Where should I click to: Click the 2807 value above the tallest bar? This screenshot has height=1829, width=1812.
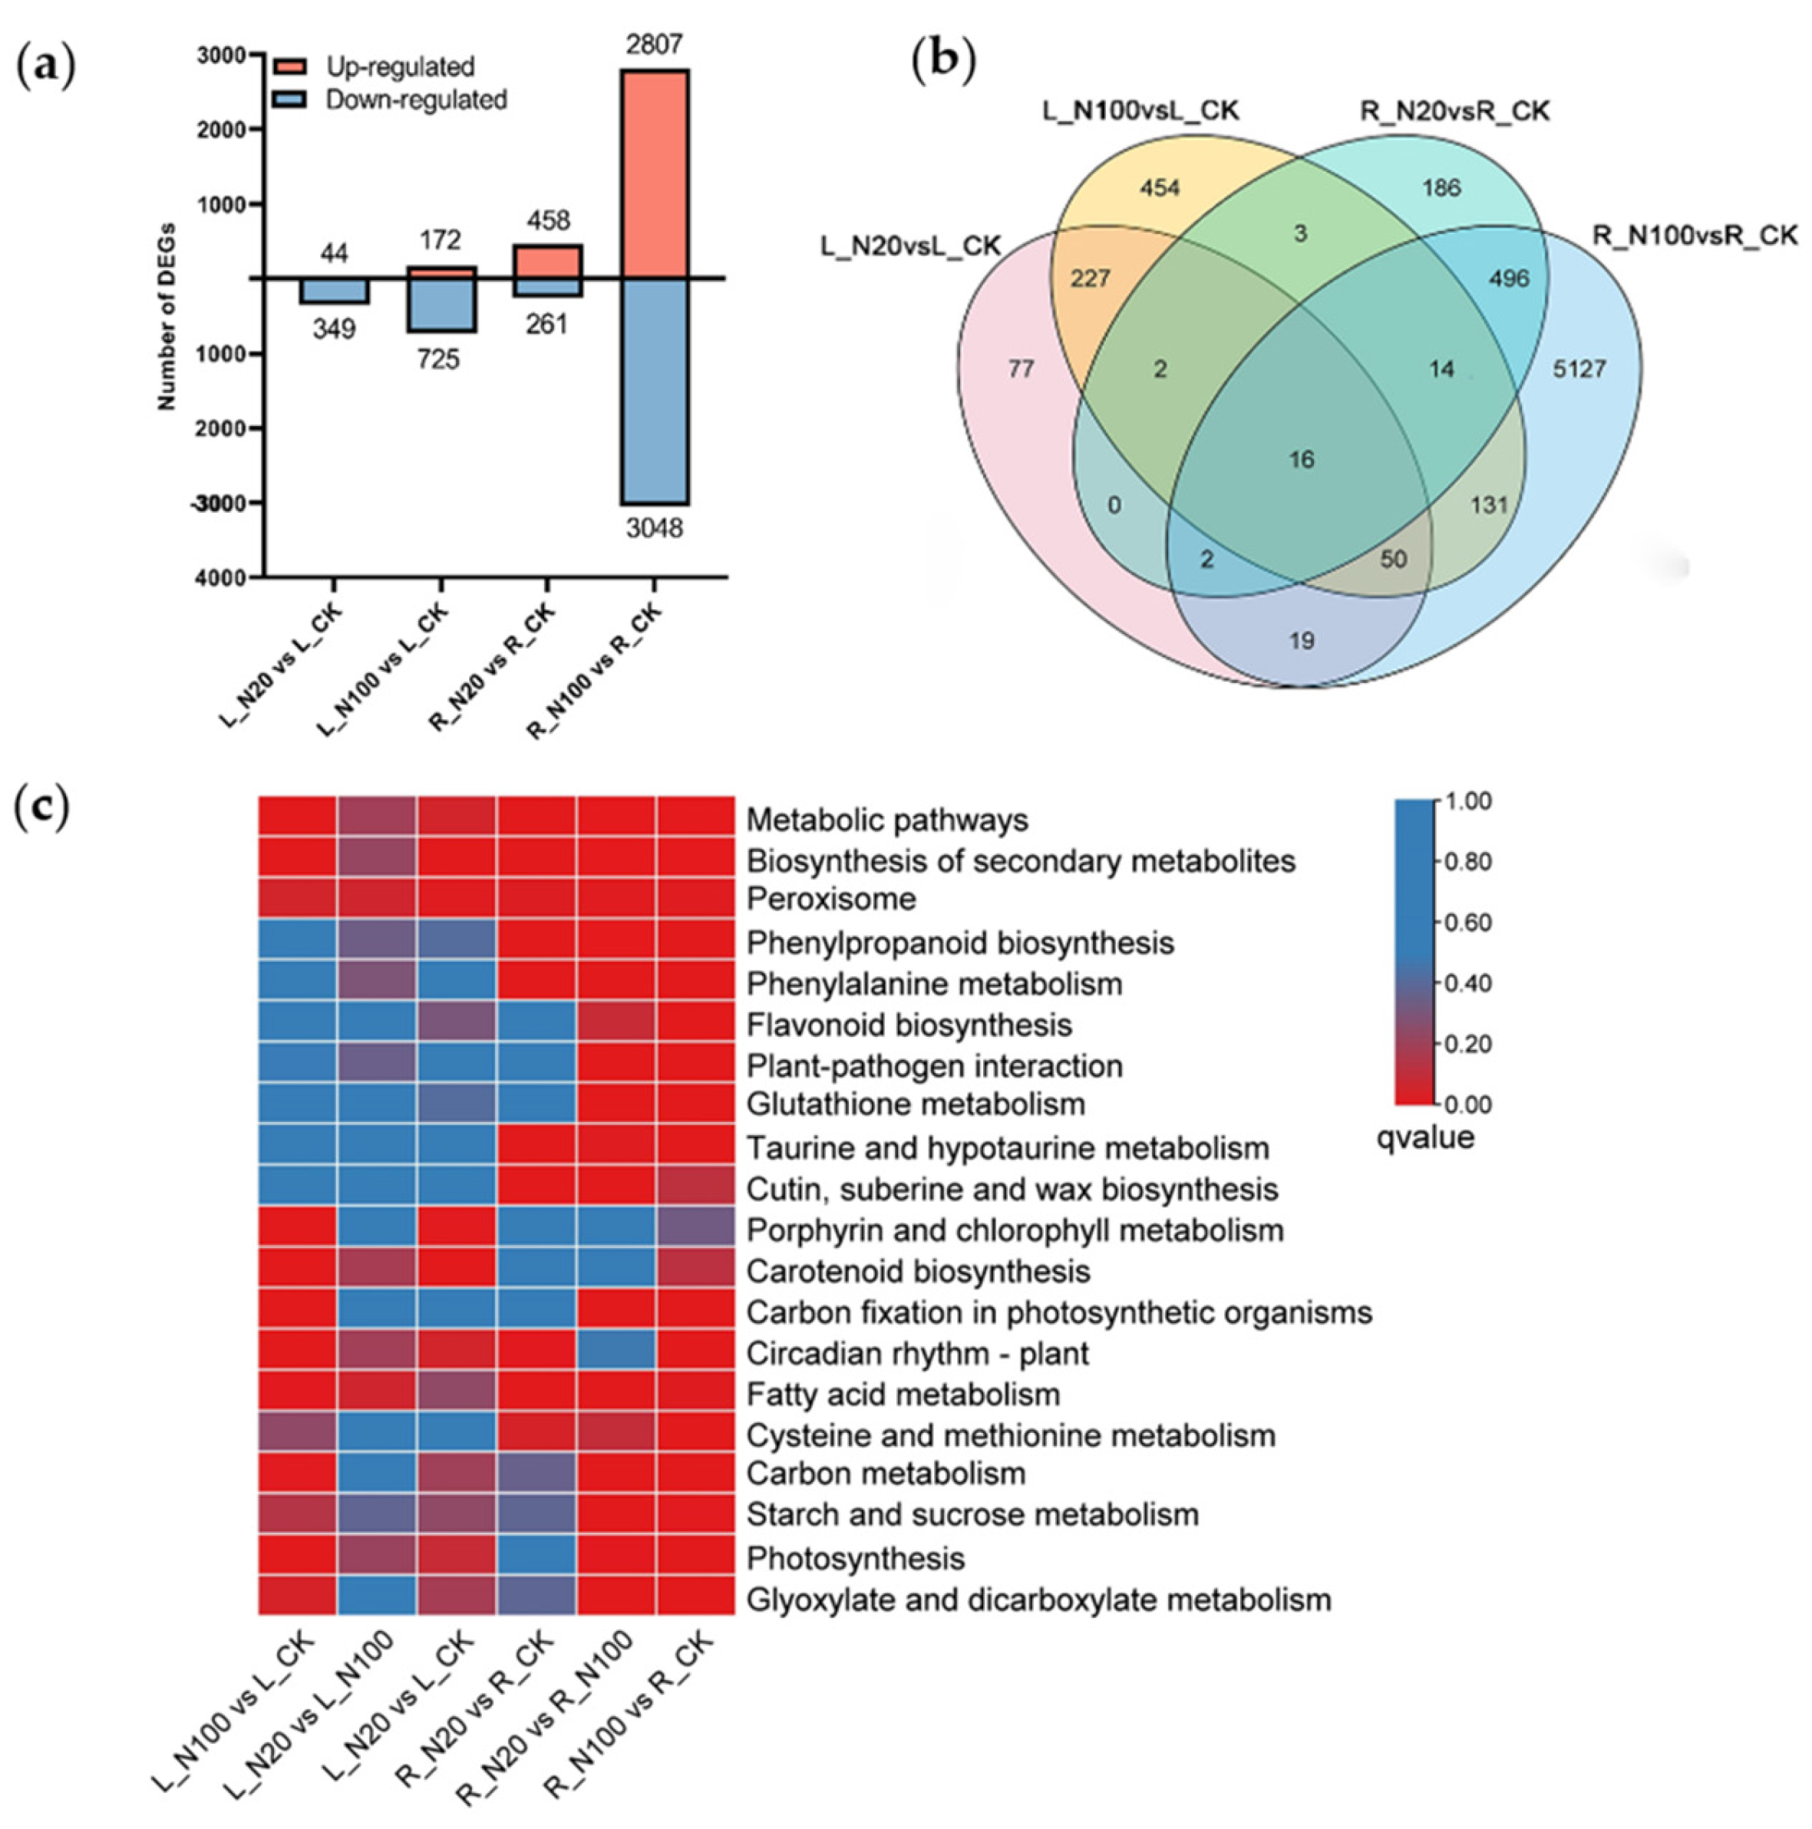tap(653, 44)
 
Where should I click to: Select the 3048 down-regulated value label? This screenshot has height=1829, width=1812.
tap(653, 527)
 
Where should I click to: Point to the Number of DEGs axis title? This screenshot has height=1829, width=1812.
tap(167, 315)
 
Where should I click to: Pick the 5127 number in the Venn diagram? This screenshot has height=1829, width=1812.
tap(1579, 368)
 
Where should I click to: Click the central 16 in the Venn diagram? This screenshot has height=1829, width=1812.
tap(1302, 459)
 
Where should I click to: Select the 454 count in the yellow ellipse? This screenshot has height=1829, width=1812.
tap(1159, 187)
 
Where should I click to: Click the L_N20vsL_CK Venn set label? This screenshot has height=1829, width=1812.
tap(909, 246)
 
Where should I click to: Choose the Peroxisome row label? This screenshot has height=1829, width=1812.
tap(830, 899)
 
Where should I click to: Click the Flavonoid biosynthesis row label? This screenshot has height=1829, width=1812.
tap(909, 1025)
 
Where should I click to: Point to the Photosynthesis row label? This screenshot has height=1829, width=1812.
tap(856, 1558)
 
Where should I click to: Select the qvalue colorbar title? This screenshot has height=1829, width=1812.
tap(1424, 1137)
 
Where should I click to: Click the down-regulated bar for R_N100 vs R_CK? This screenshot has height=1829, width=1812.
tap(653, 390)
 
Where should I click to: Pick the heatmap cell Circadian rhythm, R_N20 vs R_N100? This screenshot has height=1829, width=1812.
tap(616, 1353)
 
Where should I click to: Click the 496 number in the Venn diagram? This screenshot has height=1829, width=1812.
tap(1509, 279)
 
